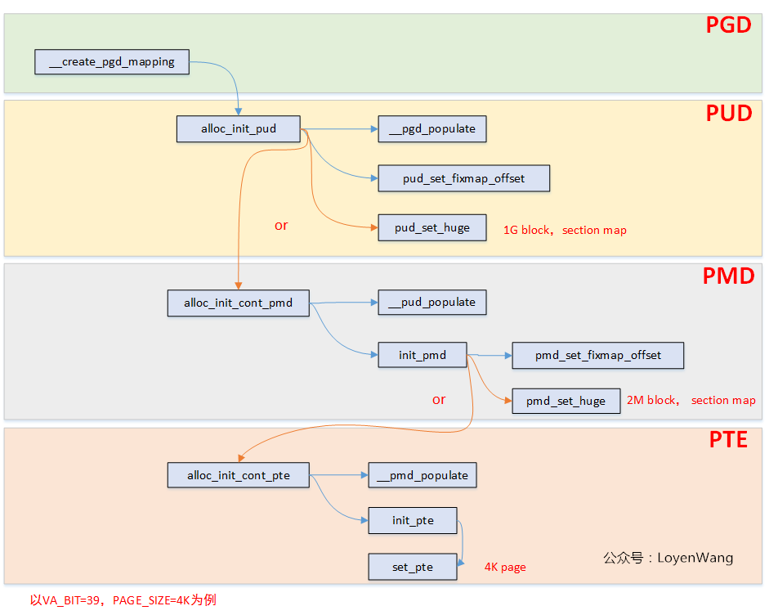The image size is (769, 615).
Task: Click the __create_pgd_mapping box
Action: tap(112, 62)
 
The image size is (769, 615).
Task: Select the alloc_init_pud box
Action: tap(239, 129)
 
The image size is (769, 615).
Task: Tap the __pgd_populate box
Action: tap(432, 129)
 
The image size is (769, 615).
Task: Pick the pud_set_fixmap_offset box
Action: tap(463, 178)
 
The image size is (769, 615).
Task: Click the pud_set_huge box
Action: tap(432, 227)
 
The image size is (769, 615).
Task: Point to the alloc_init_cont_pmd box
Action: tap(239, 303)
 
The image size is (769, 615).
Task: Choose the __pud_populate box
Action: tap(432, 303)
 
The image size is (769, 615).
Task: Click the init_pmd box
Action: tap(423, 355)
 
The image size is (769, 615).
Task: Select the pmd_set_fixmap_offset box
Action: tap(598, 355)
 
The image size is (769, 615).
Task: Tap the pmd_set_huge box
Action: tap(566, 401)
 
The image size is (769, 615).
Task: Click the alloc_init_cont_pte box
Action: tap(239, 475)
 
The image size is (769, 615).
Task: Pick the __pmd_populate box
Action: tap(423, 475)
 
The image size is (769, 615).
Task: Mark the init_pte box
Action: tap(413, 520)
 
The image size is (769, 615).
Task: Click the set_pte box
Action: tap(413, 567)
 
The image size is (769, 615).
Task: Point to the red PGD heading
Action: tap(728, 25)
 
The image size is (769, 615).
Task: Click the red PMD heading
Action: tap(728, 276)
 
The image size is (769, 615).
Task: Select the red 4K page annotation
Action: tap(505, 567)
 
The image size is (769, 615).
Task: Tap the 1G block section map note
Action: tap(565, 230)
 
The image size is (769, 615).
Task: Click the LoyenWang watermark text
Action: tap(668, 558)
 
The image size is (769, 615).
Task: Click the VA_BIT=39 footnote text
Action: tap(123, 600)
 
